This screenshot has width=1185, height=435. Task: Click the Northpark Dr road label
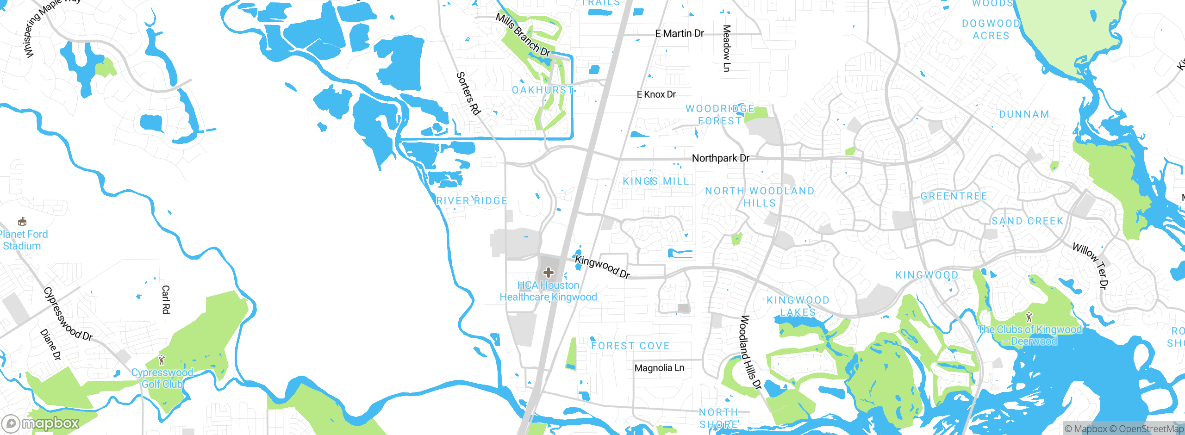[x=720, y=158]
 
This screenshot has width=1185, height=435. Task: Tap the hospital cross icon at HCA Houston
[x=549, y=272]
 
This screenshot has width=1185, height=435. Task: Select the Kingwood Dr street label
[x=602, y=267]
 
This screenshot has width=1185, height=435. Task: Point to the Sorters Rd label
[x=468, y=93]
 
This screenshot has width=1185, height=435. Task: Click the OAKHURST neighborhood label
[x=543, y=90]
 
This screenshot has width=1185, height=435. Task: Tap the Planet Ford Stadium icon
[x=22, y=222]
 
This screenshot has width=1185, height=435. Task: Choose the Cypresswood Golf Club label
[x=162, y=378]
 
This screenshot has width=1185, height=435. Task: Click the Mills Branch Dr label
[x=523, y=35]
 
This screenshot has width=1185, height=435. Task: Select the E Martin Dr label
[x=679, y=33]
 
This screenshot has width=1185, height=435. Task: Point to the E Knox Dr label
[x=656, y=94]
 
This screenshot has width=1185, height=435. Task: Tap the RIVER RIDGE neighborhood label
[x=472, y=201]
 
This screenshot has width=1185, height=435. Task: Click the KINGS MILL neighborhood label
[x=655, y=181]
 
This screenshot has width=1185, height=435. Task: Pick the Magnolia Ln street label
[x=659, y=368]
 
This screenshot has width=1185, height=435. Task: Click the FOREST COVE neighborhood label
[x=630, y=346]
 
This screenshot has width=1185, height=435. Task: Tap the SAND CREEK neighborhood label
[x=1027, y=221]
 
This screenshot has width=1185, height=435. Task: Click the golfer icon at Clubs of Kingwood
[x=1029, y=317]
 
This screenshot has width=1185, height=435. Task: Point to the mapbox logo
[x=41, y=423]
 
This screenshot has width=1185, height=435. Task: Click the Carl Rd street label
[x=166, y=299]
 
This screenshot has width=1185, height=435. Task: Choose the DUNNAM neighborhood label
[x=1024, y=114]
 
